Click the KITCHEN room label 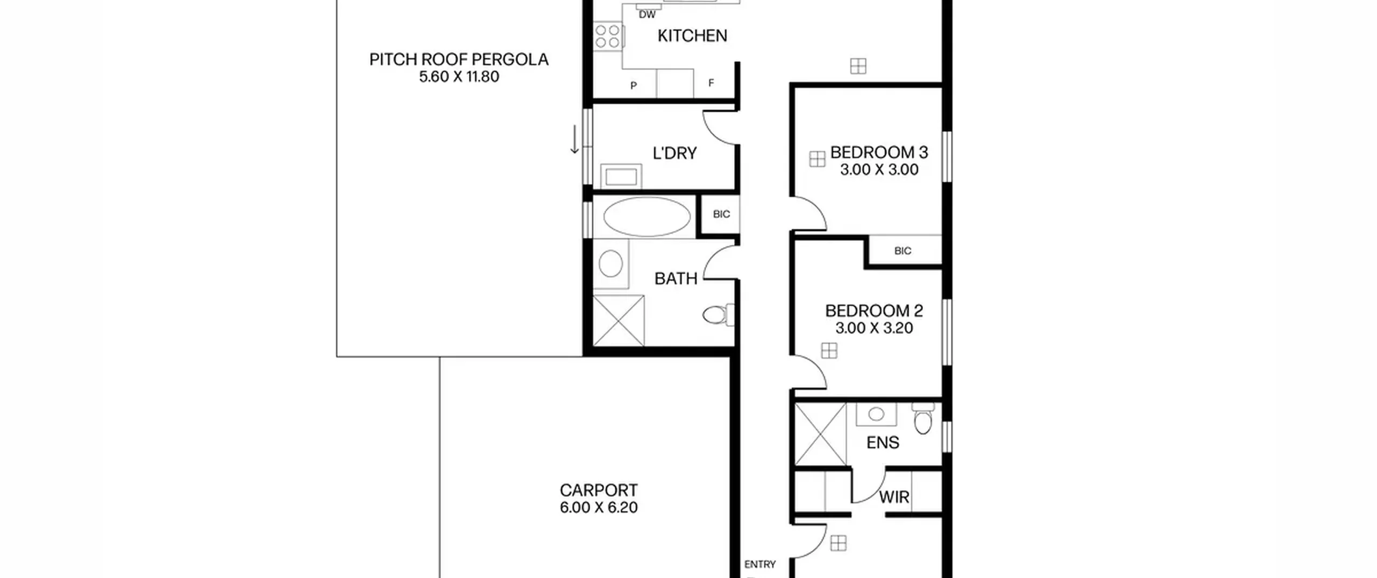click(692, 35)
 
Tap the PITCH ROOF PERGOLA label click(459, 59)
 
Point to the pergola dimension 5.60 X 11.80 click(459, 76)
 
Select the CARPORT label click(599, 490)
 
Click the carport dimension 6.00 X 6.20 click(599, 508)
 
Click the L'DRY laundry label click(675, 153)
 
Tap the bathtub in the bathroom click(647, 217)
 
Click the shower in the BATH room click(619, 320)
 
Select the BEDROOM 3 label click(879, 152)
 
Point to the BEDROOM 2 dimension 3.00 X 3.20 click(874, 328)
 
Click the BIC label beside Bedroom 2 click(903, 251)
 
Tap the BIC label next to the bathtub click(721, 214)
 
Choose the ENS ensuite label click(883, 443)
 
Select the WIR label click(894, 497)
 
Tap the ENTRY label click(760, 564)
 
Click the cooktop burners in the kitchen click(608, 36)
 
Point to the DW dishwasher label click(647, 15)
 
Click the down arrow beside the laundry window click(574, 139)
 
